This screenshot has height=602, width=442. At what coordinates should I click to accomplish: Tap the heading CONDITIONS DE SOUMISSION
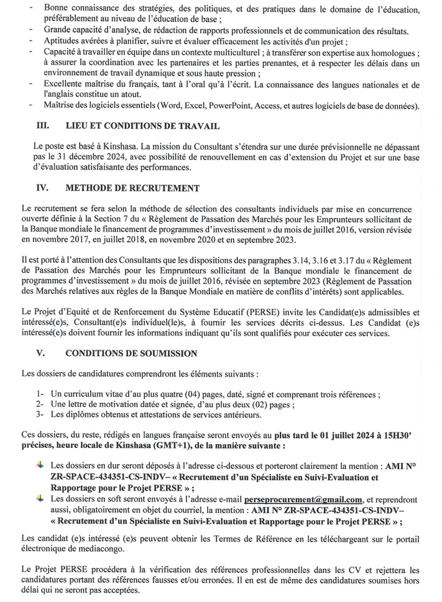131,353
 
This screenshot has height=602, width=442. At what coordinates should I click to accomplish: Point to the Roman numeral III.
43,126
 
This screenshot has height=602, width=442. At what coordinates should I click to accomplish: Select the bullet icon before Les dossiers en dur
40,463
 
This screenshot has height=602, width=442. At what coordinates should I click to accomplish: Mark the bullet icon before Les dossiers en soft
40,498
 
